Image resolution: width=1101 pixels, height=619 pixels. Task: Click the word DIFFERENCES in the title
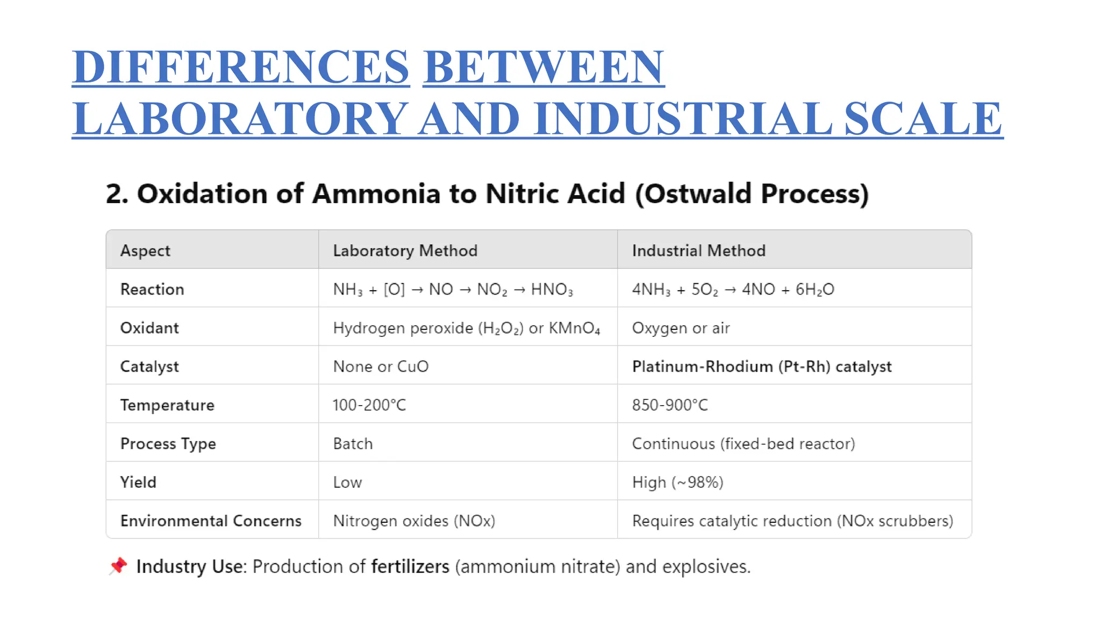240,67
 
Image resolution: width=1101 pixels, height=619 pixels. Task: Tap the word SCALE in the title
923,119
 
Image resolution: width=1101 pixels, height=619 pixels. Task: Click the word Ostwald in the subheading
697,193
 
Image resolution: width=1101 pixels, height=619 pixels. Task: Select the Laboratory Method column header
405,250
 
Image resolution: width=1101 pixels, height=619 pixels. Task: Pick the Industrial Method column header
698,250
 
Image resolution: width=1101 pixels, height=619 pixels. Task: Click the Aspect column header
145,250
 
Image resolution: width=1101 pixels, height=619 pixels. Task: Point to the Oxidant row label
149,328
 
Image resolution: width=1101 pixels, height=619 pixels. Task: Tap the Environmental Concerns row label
211,521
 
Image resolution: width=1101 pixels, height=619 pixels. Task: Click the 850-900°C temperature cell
670,405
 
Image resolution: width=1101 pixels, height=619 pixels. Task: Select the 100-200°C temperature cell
369,405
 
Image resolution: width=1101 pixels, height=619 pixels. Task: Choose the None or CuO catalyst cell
381,366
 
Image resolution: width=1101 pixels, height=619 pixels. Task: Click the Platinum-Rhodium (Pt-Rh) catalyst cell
761,366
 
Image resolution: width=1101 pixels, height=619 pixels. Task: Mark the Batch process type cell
353,443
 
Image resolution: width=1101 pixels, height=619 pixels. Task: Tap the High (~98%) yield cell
677,482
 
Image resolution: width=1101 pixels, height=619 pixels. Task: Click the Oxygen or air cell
681,328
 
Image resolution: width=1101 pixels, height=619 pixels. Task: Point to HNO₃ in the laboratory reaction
552,290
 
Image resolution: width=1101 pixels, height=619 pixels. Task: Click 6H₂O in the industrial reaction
814,290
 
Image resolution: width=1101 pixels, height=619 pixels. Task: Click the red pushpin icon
118,566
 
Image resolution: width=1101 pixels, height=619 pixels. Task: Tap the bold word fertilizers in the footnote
410,566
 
